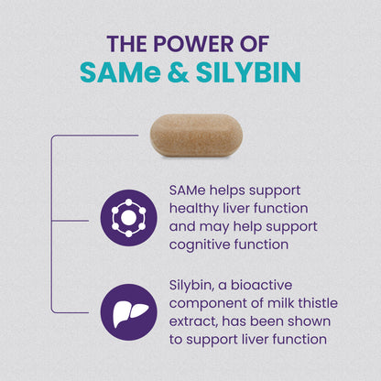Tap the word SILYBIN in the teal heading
[248, 72]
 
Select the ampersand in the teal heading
[178, 72]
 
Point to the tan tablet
[196, 136]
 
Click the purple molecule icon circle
[129, 218]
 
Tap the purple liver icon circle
[129, 312]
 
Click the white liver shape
[130, 311]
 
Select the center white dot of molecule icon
[129, 218]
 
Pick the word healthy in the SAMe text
[194, 209]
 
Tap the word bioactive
[261, 285]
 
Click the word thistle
[318, 303]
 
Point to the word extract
[193, 321]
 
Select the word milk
[281, 303]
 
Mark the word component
[208, 304]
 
